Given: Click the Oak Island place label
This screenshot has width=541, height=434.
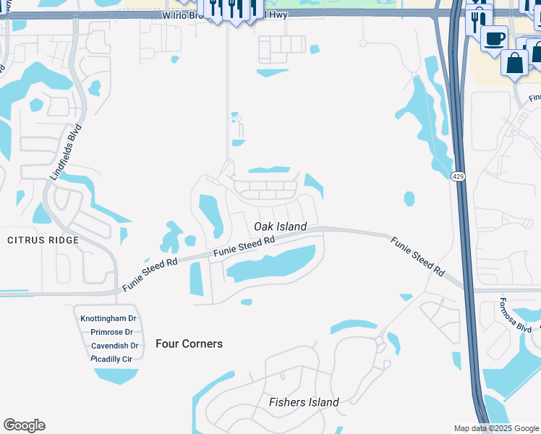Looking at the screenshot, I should point(281,226).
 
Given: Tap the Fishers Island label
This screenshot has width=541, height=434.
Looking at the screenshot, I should point(304,402).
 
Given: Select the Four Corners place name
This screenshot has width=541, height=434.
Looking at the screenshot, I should point(189,344).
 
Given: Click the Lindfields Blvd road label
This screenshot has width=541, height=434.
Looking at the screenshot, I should point(66,153).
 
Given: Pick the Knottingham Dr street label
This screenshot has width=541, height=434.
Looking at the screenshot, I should point(108,318).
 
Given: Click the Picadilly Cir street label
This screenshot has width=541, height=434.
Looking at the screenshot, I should point(111,359).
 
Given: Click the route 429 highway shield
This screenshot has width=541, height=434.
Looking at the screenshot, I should point(458,176).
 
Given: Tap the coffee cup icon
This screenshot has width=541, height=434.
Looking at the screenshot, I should point(494,38).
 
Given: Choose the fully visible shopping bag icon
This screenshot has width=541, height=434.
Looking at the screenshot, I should point(515,63).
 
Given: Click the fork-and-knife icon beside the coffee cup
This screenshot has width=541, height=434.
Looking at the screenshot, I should point(477,20).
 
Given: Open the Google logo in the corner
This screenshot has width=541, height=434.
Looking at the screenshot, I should point(24,425).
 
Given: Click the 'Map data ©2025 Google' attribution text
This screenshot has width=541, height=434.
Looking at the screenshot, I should point(495,428).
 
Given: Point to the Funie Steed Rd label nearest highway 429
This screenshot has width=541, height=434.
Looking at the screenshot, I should point(418,256).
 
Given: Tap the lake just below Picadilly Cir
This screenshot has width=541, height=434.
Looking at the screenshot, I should point(116,375).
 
